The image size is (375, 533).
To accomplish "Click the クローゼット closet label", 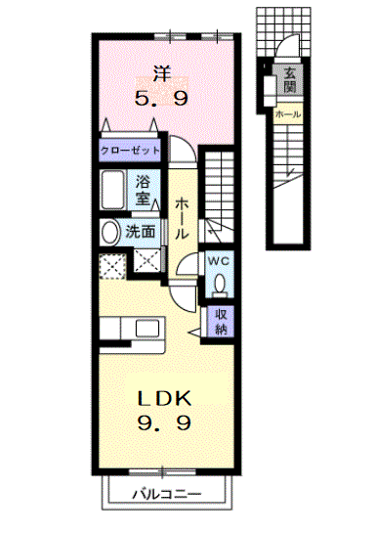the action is (130, 150).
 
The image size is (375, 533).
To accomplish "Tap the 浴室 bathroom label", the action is (143, 191).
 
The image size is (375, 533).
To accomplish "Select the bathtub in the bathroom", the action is (112, 190).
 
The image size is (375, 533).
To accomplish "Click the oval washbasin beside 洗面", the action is (109, 233).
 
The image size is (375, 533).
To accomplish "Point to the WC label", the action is (218, 261).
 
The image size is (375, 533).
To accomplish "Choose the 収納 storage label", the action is (221, 321).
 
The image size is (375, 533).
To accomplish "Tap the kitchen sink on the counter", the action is (147, 328).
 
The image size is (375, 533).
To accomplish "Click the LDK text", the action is (164, 398).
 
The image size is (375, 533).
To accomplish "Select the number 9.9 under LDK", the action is (164, 422).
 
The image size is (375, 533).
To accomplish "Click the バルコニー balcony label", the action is (167, 494).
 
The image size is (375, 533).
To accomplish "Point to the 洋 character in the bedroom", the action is (162, 73).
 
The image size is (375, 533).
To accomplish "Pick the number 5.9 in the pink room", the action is (161, 99).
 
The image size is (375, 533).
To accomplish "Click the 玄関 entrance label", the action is (290, 80).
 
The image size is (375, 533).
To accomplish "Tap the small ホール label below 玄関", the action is (288, 114).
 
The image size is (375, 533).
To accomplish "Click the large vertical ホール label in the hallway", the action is (182, 219).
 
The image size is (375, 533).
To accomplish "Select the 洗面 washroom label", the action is (141, 232).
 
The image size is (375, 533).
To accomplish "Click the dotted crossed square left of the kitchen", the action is (112, 266).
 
